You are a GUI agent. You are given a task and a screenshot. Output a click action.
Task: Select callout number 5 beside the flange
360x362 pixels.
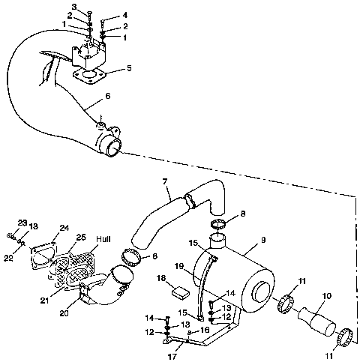[x=129, y=67]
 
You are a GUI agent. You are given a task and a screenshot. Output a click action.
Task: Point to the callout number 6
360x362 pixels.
[x=108, y=96]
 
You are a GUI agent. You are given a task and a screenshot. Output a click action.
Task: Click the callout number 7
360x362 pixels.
[x=163, y=181]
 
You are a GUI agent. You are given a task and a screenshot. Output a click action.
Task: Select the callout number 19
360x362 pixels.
[x=180, y=266]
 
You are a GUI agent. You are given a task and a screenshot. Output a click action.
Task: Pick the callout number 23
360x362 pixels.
[x=22, y=222]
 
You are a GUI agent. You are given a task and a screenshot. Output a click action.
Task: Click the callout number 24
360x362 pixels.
[x=64, y=229]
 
